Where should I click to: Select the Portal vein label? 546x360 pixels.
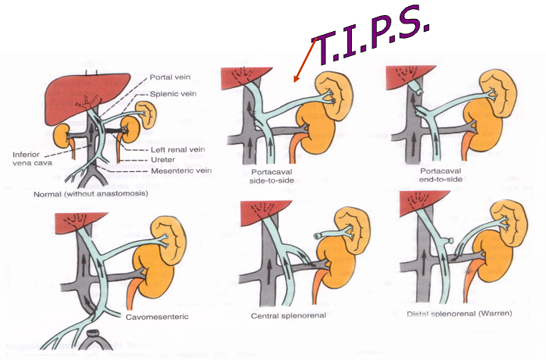click(x=171, y=77)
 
